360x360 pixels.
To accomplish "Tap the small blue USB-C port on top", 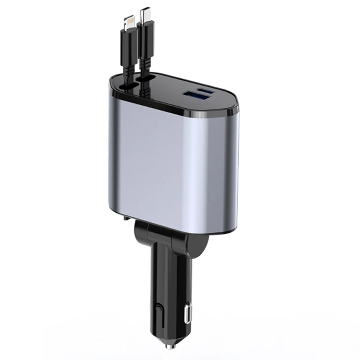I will [x=208, y=92].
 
